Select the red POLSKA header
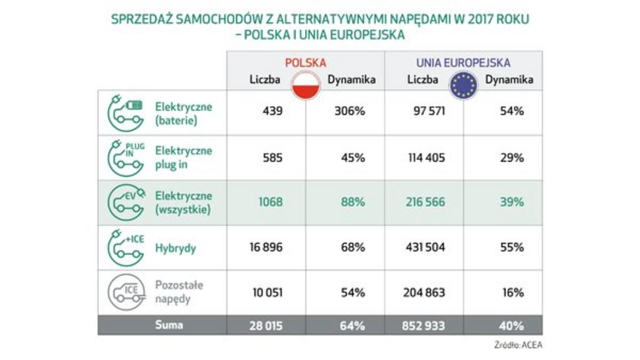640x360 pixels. [x=306, y=62]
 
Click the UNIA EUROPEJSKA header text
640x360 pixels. [x=463, y=62]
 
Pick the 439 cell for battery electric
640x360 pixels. [x=273, y=111]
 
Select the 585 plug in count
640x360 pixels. [x=273, y=158]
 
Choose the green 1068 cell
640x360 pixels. [x=271, y=203]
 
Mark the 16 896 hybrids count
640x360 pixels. [x=266, y=247]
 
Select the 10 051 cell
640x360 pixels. [x=266, y=292]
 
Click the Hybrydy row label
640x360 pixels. [x=175, y=247]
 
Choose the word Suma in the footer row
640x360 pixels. [x=169, y=325]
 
